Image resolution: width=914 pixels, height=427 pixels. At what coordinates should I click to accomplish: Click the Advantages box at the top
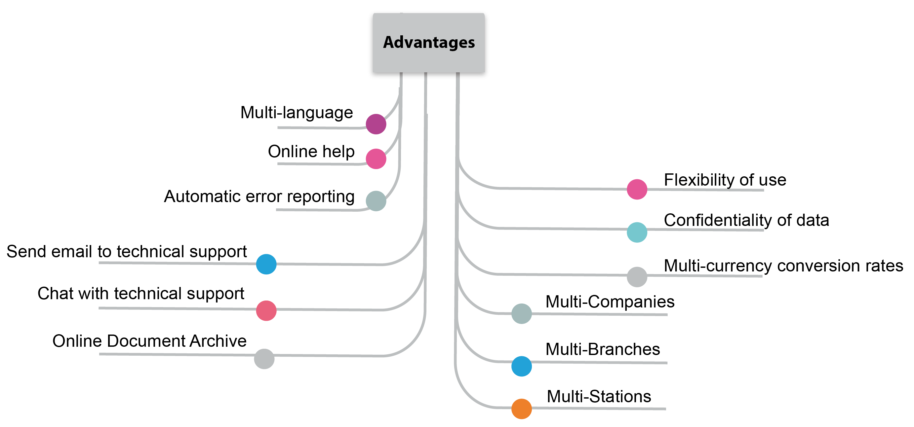(x=428, y=44)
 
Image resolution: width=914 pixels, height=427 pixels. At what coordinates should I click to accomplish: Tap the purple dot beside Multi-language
(x=376, y=124)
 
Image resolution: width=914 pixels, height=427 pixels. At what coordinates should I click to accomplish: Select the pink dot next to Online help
(x=376, y=159)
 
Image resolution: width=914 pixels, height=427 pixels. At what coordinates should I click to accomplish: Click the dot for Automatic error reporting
(x=376, y=201)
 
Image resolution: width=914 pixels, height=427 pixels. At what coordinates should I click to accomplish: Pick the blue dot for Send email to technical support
(x=266, y=264)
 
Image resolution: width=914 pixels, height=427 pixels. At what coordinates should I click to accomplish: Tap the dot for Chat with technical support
(x=266, y=310)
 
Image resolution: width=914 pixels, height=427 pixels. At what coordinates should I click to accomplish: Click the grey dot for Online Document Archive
(x=264, y=359)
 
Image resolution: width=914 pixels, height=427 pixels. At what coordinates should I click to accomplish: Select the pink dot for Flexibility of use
(x=637, y=189)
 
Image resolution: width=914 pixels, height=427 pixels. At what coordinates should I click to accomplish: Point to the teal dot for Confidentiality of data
(x=637, y=232)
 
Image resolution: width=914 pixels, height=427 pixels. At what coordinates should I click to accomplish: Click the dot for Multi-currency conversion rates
(x=637, y=277)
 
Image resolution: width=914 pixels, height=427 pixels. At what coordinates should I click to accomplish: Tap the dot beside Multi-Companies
(x=521, y=313)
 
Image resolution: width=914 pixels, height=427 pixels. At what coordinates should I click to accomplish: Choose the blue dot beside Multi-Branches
(x=521, y=366)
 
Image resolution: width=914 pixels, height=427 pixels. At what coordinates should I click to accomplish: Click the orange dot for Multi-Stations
(x=521, y=409)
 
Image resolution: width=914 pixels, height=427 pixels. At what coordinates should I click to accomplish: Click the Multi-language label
(x=296, y=113)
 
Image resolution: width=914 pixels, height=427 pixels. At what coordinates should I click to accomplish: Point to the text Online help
(x=311, y=152)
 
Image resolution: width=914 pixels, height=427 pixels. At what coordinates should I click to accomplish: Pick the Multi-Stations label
(x=599, y=396)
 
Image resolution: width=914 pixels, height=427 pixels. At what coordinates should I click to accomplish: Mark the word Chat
(x=55, y=293)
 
